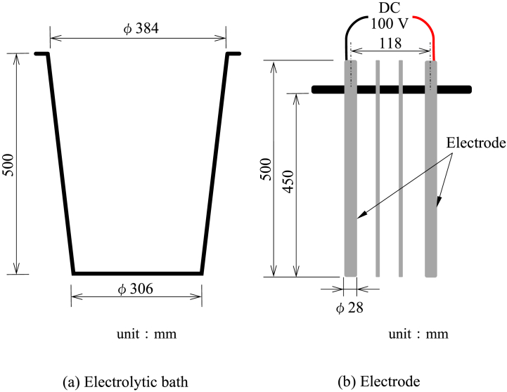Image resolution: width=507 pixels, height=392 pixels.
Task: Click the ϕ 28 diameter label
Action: (350, 307)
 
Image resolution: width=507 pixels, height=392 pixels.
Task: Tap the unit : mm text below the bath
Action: (146, 334)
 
